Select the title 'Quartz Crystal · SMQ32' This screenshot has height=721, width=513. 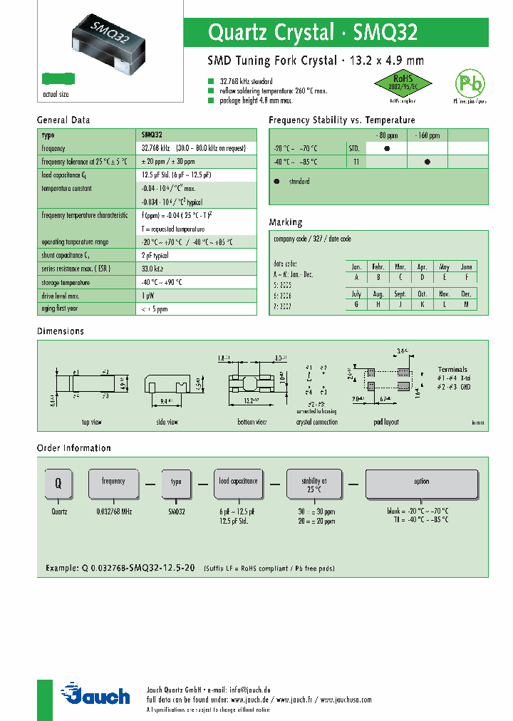pyautogui.click(x=312, y=33)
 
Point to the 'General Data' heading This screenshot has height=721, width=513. pyautogui.click(x=63, y=120)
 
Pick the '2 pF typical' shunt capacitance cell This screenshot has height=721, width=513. pyautogui.click(x=155, y=255)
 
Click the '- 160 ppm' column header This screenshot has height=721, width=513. pyautogui.click(x=427, y=135)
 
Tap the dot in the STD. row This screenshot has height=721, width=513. pyautogui.click(x=387, y=149)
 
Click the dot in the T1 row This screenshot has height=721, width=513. pyautogui.click(x=427, y=162)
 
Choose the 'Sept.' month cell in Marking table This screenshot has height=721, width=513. pyautogui.click(x=400, y=294)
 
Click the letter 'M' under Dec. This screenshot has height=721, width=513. pyautogui.click(x=467, y=304)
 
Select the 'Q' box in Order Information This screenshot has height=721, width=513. pyautogui.click(x=59, y=483)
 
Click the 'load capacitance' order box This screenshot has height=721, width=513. pyautogui.click(x=238, y=483)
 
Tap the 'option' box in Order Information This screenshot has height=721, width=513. pyautogui.click(x=422, y=484)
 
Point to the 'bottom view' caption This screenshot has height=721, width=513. pyautogui.click(x=252, y=422)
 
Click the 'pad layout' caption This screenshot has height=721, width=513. pyautogui.click(x=385, y=422)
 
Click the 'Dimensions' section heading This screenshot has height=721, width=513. pyautogui.click(x=61, y=331)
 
